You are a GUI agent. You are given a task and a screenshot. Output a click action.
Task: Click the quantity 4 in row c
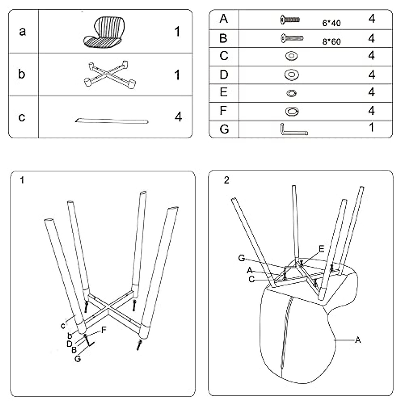pos(178,117)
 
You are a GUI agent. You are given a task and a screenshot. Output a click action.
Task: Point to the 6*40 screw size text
pos(331,23)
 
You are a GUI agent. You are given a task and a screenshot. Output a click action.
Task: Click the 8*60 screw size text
pos(331,42)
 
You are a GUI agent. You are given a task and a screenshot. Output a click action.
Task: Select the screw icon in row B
pos(292,38)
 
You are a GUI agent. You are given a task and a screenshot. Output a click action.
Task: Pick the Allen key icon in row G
pos(293,130)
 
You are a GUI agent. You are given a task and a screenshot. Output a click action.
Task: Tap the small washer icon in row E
pos(291,93)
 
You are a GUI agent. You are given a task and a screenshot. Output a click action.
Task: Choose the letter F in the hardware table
pos(224,111)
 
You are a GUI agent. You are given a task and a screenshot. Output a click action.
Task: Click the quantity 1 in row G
pos(371,128)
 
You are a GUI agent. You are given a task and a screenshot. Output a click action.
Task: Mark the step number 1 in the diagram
pos(22,180)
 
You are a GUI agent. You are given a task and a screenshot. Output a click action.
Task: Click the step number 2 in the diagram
pos(227,180)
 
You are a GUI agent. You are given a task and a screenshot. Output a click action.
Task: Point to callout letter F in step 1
pos(104,330)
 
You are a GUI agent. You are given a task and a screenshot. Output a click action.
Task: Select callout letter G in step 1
pos(78,359)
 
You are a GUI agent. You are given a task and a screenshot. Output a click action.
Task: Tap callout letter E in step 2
pos(322,249)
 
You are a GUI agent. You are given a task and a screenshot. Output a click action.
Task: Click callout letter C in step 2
pos(251,279)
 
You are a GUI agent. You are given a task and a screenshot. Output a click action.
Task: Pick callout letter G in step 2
pos(241,258)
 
